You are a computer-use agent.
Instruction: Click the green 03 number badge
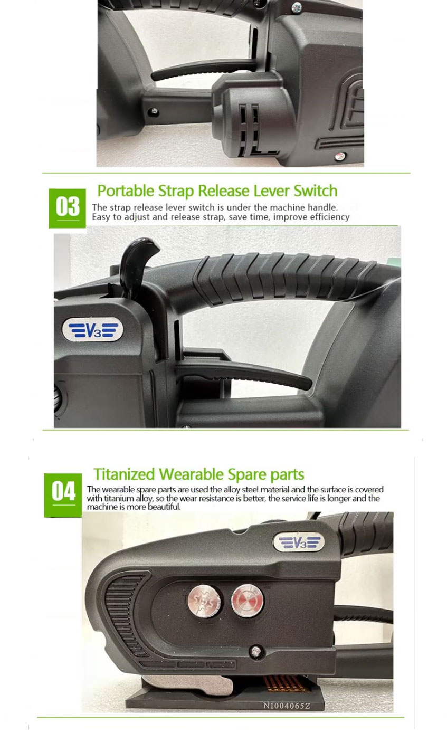tap(68, 208)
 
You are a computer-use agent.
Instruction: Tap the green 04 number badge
tap(63, 495)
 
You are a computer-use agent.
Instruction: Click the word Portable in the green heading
tap(126, 191)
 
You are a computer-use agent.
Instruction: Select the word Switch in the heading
tap(316, 191)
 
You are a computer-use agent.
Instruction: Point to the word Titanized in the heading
tap(124, 474)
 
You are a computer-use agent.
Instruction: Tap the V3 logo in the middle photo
tap(93, 329)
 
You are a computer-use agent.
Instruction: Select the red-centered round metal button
tap(247, 601)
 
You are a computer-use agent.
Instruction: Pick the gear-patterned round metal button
tap(204, 601)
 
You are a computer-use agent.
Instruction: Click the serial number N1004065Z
tap(287, 706)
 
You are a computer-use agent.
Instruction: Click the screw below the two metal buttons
tap(256, 652)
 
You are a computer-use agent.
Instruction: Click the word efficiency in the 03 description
tap(330, 217)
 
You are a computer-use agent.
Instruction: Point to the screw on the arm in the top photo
tap(154, 111)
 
